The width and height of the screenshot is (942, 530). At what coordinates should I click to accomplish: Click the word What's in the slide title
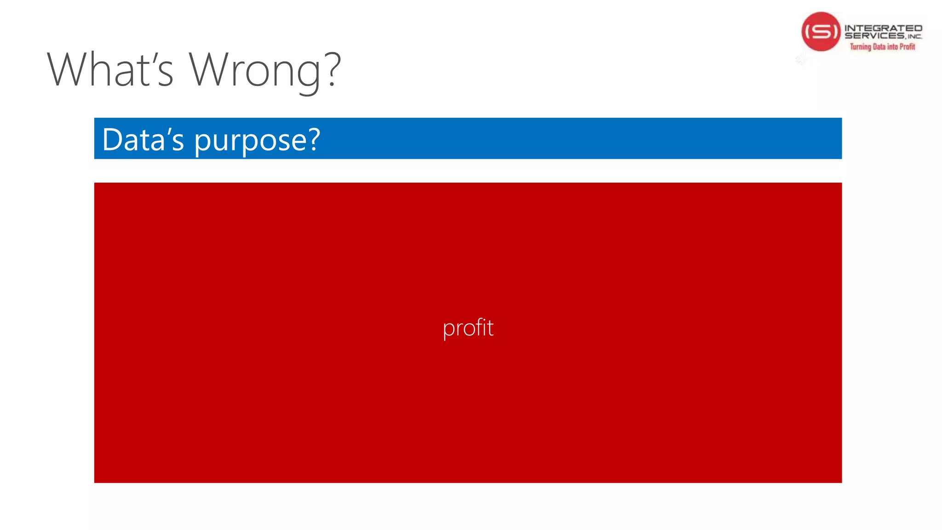click(110, 70)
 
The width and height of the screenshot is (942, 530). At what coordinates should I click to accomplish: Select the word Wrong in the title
click(255, 70)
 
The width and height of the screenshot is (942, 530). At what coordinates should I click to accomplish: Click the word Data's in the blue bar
click(143, 139)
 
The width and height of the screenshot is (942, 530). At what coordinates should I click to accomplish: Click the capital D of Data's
click(113, 139)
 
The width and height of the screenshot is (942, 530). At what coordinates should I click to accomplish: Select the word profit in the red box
click(468, 328)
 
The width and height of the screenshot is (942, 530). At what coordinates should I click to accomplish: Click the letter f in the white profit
click(479, 327)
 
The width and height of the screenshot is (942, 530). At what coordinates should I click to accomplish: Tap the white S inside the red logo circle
click(821, 32)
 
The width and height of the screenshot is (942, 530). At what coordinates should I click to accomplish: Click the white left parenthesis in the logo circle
click(807, 32)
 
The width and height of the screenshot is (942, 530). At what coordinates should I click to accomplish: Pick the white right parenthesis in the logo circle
click(835, 32)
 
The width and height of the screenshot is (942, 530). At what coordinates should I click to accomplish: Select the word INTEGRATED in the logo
click(883, 28)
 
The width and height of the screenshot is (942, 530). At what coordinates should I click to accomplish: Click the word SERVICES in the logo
click(874, 36)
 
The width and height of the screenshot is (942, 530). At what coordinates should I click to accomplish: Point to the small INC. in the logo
click(914, 37)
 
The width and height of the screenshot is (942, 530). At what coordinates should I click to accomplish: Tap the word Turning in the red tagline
click(860, 46)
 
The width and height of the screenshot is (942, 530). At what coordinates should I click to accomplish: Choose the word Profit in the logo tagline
click(907, 46)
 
